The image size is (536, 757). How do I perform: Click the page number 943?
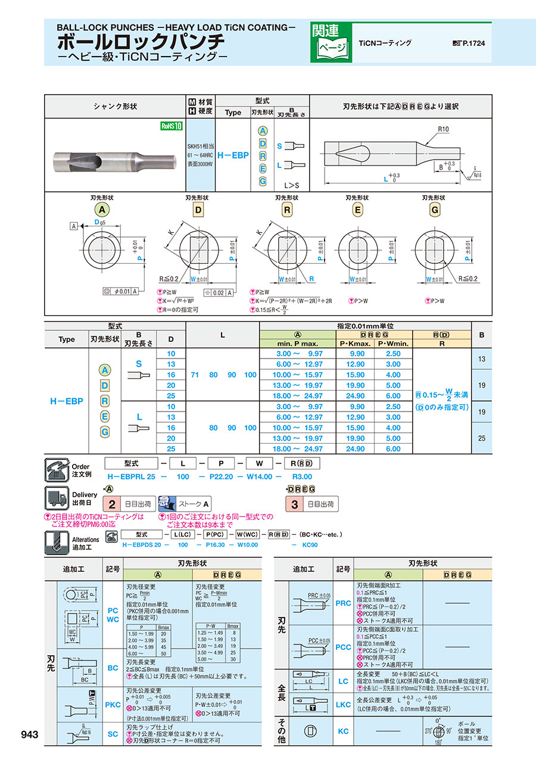29,735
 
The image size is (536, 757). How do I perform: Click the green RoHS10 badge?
171,126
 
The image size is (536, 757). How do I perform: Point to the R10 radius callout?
442,129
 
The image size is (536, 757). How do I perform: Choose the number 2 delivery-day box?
111,504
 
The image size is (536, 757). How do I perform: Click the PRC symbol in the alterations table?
343,603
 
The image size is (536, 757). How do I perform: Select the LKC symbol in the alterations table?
343,705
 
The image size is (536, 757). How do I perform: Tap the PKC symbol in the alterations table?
113,705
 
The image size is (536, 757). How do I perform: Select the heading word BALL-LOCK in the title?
83,27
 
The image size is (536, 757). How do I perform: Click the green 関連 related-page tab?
325,30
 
